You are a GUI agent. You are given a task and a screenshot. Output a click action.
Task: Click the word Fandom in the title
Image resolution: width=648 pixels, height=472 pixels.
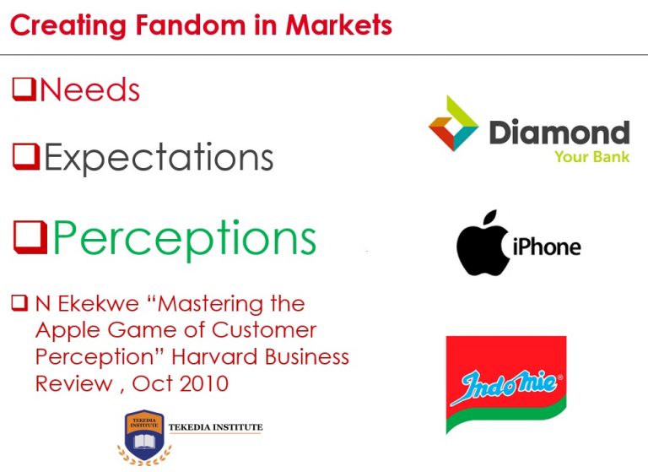click(x=172, y=24)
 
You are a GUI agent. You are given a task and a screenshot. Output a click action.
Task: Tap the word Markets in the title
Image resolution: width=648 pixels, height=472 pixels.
click(x=338, y=24)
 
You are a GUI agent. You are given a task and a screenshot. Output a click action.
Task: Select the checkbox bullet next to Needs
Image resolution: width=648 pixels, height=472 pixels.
click(x=24, y=89)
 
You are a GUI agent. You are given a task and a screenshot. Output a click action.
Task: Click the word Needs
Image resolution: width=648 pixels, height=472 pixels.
click(x=89, y=90)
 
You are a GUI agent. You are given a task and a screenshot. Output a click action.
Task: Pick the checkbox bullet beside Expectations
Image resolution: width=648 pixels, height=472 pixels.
click(x=26, y=156)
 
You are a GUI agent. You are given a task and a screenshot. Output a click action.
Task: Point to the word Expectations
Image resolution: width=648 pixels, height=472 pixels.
click(x=159, y=158)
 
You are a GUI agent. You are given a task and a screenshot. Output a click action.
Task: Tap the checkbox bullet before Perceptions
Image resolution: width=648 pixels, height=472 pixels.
click(x=30, y=237)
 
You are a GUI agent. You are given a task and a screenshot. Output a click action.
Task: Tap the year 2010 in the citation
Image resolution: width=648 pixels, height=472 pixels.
click(x=203, y=382)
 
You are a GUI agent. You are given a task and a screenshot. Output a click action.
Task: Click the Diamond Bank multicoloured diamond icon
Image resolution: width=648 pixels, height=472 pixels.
click(x=454, y=123)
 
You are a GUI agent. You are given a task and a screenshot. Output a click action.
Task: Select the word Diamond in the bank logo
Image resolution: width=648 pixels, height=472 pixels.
click(x=559, y=133)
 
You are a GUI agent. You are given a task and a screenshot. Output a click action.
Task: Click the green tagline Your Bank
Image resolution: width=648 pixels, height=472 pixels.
click(x=591, y=156)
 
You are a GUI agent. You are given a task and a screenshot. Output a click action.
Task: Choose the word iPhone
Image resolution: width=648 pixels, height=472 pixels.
click(x=547, y=247)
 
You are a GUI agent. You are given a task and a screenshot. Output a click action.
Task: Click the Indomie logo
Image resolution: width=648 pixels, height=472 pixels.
click(x=505, y=385)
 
